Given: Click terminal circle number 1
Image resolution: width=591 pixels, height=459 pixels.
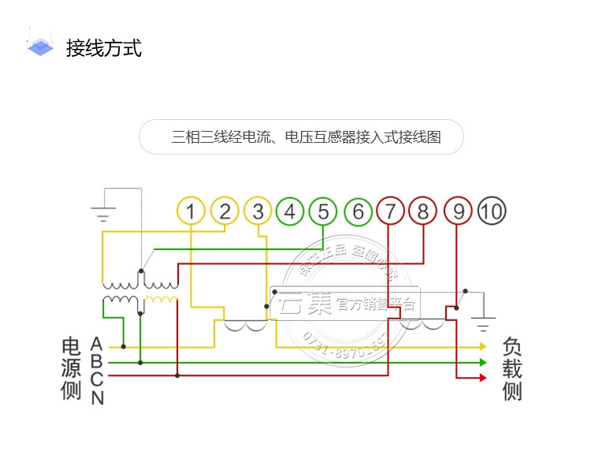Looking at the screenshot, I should pos(191,211).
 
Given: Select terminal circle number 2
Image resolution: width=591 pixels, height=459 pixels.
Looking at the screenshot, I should pos(225,211).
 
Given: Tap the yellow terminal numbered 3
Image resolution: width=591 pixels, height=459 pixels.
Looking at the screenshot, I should pos(258,211).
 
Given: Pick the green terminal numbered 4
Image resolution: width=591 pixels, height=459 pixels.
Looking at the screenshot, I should pos(290,211).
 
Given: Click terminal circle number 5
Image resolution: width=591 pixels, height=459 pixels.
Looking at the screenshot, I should pos(323,211).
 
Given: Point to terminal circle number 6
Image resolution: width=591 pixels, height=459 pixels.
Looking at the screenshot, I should pos(359,211).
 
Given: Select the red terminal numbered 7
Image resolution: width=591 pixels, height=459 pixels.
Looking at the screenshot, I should pos(390,211).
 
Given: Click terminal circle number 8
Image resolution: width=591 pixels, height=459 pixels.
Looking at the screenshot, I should pos(423,211).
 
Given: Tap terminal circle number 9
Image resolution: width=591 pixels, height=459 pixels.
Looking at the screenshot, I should pos(458,211).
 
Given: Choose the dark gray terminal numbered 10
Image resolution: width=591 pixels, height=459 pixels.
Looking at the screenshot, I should pos(492,211).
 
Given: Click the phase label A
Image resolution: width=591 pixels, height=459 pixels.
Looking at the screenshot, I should pos(97,345).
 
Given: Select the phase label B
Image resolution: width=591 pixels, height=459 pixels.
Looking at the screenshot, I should pos(97,362).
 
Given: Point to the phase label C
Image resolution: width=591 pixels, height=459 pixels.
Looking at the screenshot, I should pos(97,379).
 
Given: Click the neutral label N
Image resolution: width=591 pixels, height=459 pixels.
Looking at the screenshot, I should pos(97,397).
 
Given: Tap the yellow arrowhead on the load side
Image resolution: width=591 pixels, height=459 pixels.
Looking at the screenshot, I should pos(483,346).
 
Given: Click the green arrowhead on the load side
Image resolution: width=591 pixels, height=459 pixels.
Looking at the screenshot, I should pos(483,363).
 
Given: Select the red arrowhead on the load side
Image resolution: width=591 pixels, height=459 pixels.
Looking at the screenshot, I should pos(483,379).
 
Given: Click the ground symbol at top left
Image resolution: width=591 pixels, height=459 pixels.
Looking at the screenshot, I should pos(103,213).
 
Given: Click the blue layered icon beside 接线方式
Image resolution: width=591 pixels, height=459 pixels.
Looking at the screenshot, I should pos(40,47).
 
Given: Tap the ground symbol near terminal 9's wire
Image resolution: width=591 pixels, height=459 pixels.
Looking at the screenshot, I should pos(484,323).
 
